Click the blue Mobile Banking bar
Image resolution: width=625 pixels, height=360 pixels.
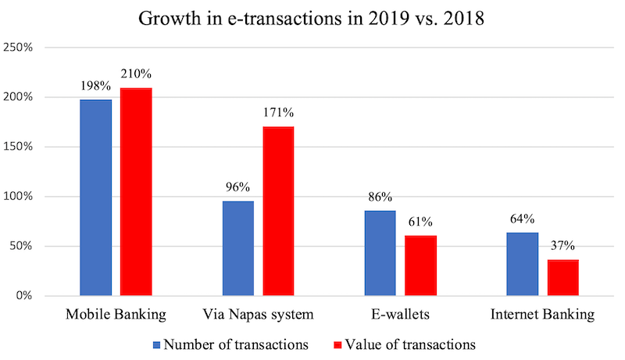pos(96,198)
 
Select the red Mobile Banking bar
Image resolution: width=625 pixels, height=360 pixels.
pos(136,192)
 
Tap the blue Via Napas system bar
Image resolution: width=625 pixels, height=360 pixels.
pos(238,248)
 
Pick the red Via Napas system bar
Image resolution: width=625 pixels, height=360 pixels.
pos(278,211)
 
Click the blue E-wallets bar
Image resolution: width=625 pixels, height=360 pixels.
pos(380,253)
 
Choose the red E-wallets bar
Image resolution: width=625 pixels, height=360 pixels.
pos(420,266)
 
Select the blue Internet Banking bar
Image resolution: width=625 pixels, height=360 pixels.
pos(522,264)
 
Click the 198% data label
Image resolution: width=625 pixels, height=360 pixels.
pos(95,85)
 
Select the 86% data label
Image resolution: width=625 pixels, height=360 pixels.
pos(380,197)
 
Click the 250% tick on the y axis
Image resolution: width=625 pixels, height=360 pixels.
pos(18,48)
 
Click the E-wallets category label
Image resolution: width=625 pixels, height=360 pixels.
pos(400,315)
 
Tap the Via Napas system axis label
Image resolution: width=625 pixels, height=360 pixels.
pos(258,315)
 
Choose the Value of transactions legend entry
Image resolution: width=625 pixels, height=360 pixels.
pos(399,344)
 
